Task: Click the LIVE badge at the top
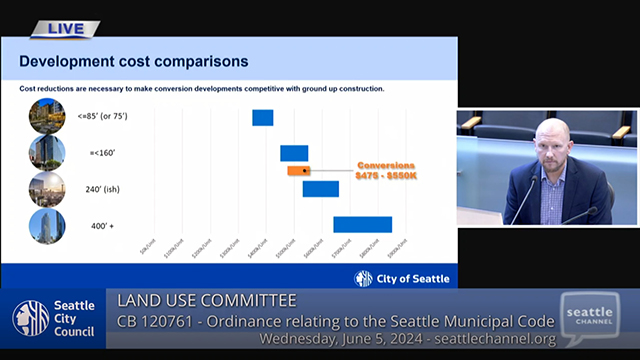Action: point(66,29)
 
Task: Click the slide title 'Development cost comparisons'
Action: point(134,62)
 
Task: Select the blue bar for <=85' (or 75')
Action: point(262,117)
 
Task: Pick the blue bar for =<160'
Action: point(294,153)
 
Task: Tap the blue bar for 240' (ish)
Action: point(320,189)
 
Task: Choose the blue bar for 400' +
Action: point(362,224)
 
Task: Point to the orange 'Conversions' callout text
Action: point(386,165)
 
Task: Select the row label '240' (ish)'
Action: point(107,189)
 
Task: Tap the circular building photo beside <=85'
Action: point(47,116)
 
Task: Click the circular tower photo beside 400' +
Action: point(47,226)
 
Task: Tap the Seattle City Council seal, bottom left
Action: point(30,318)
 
